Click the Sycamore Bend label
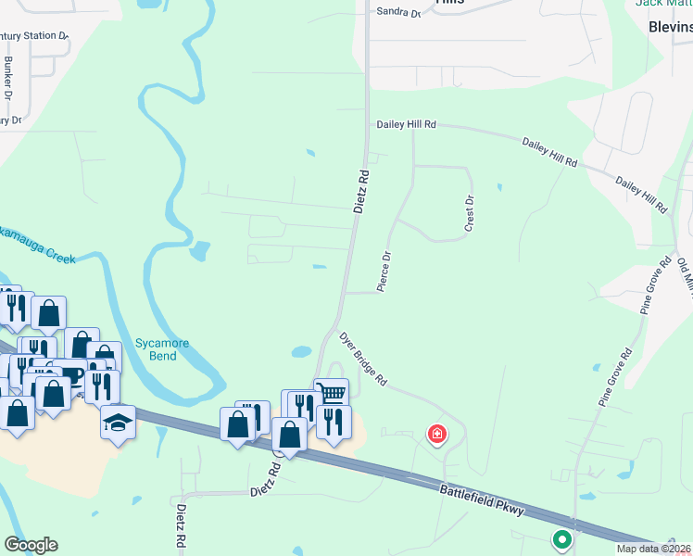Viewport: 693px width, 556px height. pos(162,349)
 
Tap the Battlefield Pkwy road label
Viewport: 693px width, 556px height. pos(483,500)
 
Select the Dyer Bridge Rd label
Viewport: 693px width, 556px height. pos(362,360)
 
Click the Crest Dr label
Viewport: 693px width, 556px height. pos(470,213)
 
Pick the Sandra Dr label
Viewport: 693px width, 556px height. pos(399,13)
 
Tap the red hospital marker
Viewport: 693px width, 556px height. pos(435,434)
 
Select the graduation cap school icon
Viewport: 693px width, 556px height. pos(117,422)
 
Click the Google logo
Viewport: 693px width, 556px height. pos(31,544)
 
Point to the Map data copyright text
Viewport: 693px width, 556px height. pos(654,549)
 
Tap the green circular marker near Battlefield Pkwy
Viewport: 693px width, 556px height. pos(561,538)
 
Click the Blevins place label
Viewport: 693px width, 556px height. pos(671,27)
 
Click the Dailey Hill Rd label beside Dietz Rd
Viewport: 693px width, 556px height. pos(406,124)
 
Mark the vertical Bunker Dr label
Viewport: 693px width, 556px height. pos(7,78)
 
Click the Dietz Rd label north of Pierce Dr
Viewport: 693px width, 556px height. pos(362,191)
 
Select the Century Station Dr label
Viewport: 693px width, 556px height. pos(33,36)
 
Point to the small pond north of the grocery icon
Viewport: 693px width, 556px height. pos(301,352)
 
